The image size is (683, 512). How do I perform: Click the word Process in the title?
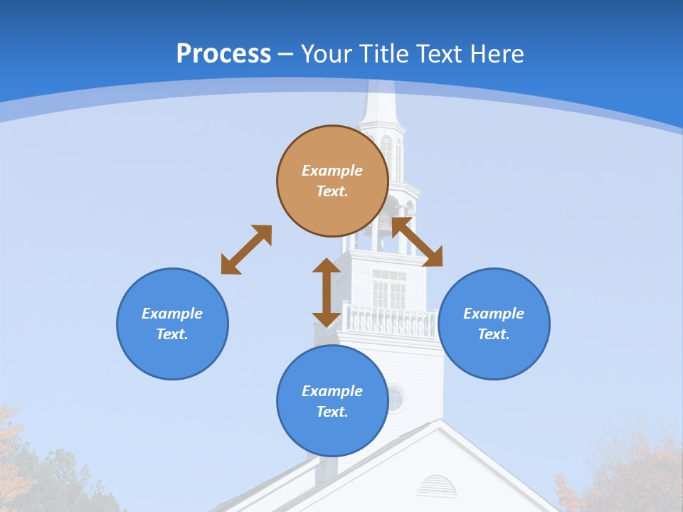coord(223,53)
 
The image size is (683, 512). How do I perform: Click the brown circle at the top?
coord(332,181)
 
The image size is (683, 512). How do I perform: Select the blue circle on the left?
coord(172,324)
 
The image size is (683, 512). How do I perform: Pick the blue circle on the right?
coord(494,324)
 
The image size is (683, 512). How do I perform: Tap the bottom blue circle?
coord(332,400)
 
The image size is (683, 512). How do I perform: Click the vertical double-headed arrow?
coord(327,292)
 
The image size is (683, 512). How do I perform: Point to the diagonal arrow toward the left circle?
coord(246,250)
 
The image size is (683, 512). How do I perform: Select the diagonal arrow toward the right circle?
coord(418,242)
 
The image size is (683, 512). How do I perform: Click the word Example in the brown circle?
coord(332,171)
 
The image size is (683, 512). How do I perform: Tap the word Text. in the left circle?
coord(172,334)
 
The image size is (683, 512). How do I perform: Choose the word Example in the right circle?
coord(494,314)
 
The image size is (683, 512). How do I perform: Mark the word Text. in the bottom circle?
coord(332,412)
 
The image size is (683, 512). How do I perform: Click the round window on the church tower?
coord(395,398)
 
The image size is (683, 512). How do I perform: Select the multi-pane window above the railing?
coord(388,289)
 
